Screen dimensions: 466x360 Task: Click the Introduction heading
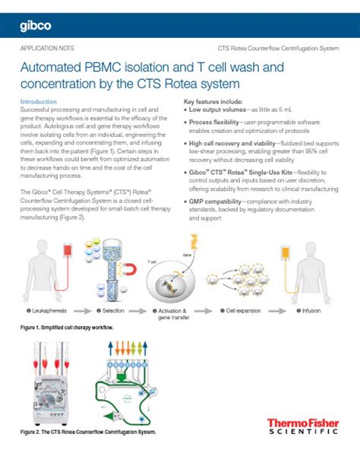(39, 101)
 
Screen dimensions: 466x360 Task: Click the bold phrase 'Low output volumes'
(219, 109)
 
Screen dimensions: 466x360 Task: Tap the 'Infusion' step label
(311, 312)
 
